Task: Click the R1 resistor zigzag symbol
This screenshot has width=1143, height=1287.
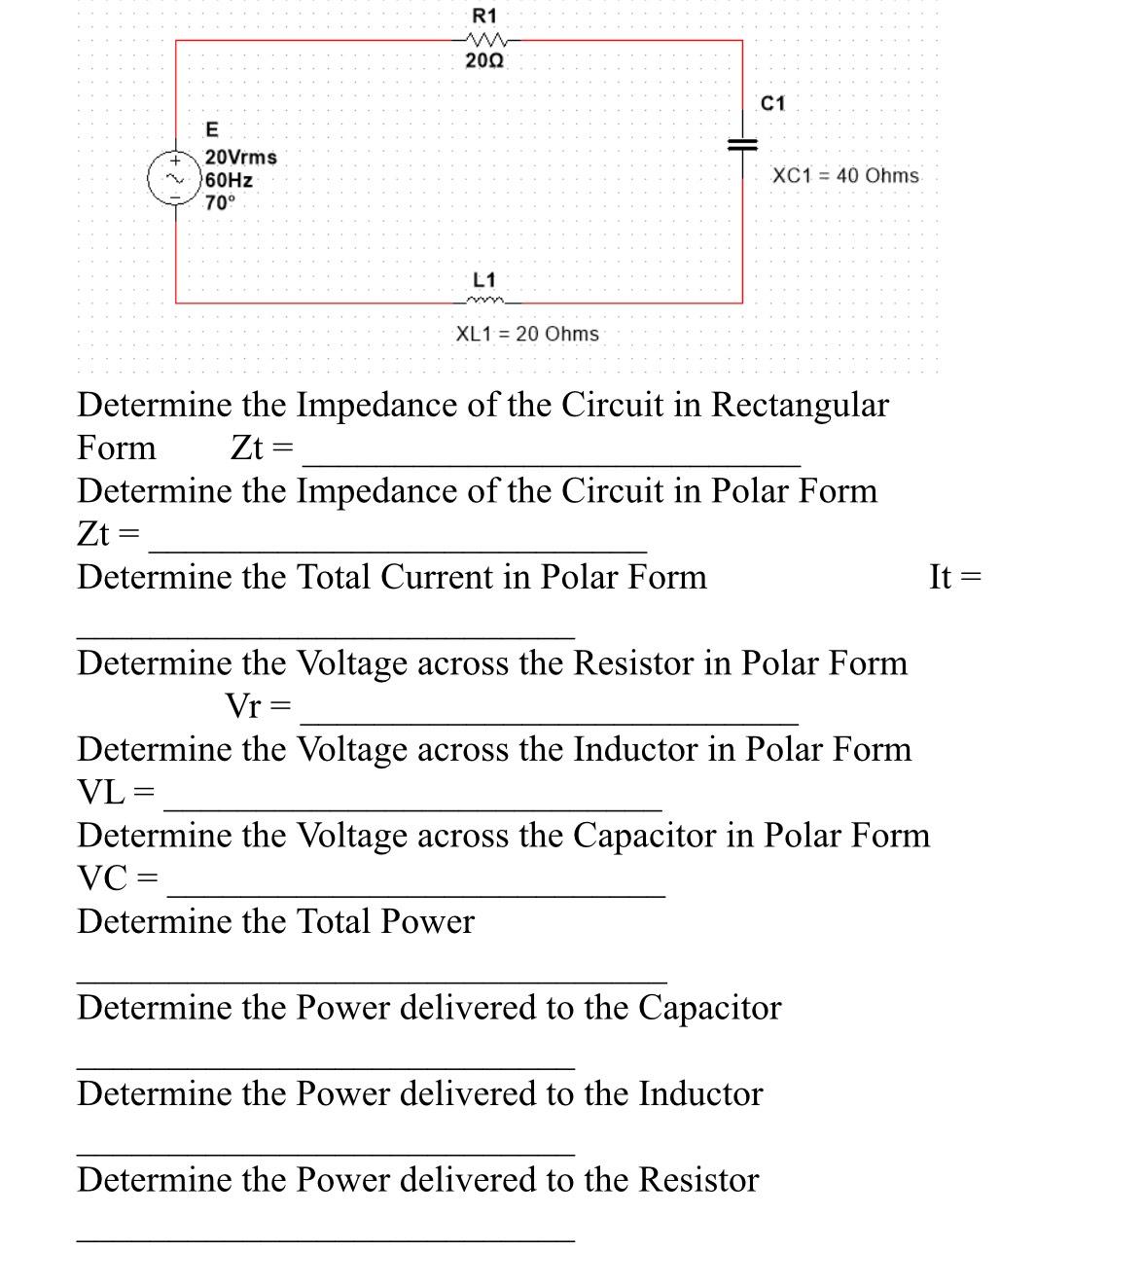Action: (x=483, y=40)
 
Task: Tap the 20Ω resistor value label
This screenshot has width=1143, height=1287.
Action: (x=484, y=60)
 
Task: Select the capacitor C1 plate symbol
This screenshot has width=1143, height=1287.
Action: (x=742, y=143)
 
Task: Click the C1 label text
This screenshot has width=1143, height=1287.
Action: (x=772, y=103)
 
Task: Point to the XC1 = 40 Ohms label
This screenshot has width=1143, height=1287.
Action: (x=844, y=176)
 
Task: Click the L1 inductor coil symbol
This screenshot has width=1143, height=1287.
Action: (x=483, y=299)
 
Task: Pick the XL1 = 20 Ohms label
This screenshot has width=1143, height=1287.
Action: (x=527, y=334)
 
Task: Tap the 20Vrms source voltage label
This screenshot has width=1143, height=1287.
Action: (x=241, y=157)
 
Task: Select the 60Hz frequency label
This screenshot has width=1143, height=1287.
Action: (x=230, y=180)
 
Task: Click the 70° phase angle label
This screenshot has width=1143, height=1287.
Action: (x=221, y=202)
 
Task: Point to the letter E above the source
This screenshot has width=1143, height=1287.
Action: (x=212, y=129)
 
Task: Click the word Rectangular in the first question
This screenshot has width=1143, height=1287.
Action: (x=800, y=405)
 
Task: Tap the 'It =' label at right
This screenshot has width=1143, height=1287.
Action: (x=954, y=577)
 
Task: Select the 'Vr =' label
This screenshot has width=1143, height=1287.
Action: (x=258, y=705)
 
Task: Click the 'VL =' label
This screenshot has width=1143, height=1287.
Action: (x=115, y=792)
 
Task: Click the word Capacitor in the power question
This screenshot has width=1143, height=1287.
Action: (x=709, y=1008)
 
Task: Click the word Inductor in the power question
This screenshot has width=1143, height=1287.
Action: (x=700, y=1093)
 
